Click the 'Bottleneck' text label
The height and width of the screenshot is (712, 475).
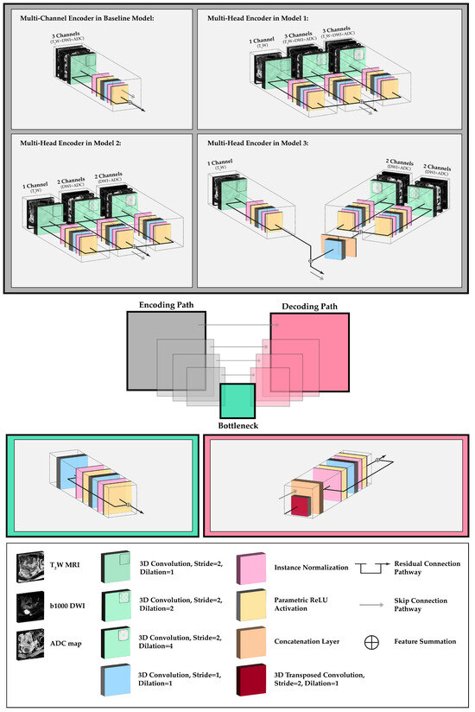[x=237, y=425]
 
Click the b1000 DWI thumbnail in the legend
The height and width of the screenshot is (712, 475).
[x=31, y=604]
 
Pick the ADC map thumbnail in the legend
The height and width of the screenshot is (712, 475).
[x=31, y=642]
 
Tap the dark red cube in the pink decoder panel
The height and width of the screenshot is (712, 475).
[x=299, y=506]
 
